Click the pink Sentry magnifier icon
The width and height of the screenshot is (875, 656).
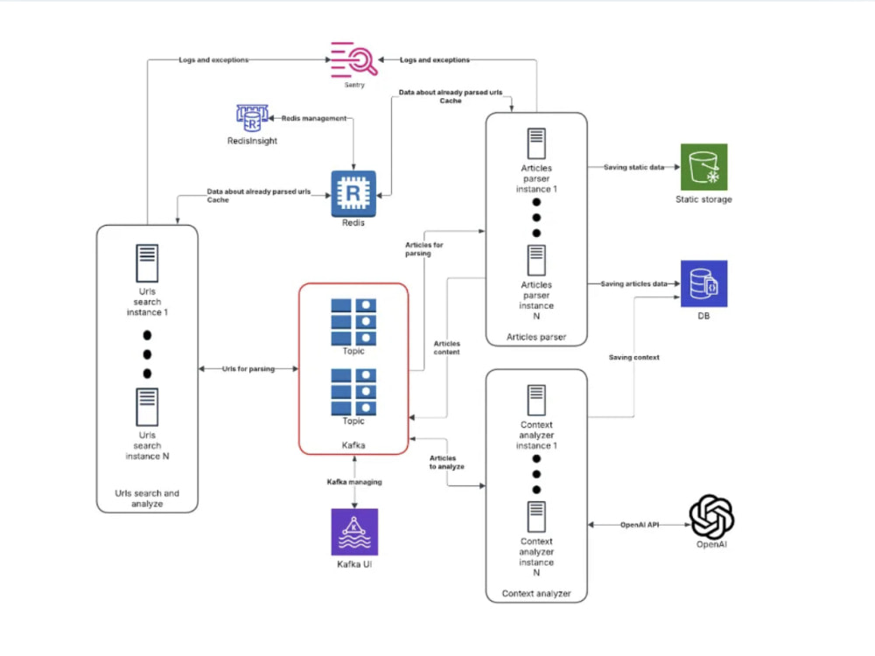pyautogui.click(x=353, y=59)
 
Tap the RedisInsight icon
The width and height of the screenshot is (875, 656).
pyautogui.click(x=252, y=118)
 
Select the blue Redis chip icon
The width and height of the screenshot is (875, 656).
pyautogui.click(x=353, y=193)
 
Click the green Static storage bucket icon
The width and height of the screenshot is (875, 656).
pyautogui.click(x=703, y=167)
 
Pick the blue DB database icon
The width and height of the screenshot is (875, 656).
pyautogui.click(x=703, y=283)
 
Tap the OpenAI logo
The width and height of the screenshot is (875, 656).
pyautogui.click(x=711, y=517)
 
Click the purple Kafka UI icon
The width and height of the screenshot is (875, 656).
pyautogui.click(x=354, y=532)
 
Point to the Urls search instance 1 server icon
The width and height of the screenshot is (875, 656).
pyautogui.click(x=147, y=262)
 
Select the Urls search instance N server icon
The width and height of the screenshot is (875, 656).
pyautogui.click(x=147, y=407)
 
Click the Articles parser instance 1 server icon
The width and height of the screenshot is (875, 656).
pyautogui.click(x=536, y=143)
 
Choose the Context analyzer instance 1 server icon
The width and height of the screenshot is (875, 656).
pyautogui.click(x=536, y=400)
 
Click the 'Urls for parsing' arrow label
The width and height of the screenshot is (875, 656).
pyautogui.click(x=248, y=369)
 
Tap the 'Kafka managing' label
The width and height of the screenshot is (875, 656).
pyautogui.click(x=354, y=482)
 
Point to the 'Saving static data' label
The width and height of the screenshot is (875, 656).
pyautogui.click(x=633, y=167)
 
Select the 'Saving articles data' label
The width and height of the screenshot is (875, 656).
pyautogui.click(x=633, y=284)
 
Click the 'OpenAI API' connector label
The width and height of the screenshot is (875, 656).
pyautogui.click(x=640, y=525)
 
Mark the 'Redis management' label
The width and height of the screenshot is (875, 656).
pyautogui.click(x=313, y=118)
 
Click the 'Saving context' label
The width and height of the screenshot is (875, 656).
pyautogui.click(x=633, y=358)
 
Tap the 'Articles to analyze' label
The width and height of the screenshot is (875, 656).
pyautogui.click(x=446, y=463)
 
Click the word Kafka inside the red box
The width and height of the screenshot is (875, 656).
pyautogui.click(x=353, y=445)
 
